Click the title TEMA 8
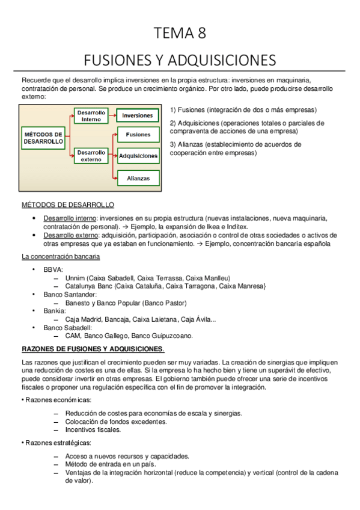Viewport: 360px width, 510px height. [x=180, y=34]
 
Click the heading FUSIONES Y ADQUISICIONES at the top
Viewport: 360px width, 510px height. [x=180, y=60]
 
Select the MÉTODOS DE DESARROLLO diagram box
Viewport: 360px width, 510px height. [x=43, y=137]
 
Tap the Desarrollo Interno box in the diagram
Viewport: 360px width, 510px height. [x=91, y=115]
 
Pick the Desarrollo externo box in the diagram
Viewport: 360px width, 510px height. [x=91, y=156]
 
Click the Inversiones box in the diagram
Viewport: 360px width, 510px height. [x=138, y=115]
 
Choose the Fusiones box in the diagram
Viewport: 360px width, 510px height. [x=138, y=135]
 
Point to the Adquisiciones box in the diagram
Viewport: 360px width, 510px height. [x=138, y=156]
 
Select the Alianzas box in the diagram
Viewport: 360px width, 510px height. [x=138, y=178]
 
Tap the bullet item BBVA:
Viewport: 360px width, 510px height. [x=53, y=270]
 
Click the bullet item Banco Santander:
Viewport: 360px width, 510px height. [x=70, y=295]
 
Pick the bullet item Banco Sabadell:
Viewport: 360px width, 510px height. [x=67, y=328]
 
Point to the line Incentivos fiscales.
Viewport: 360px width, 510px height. [x=93, y=429]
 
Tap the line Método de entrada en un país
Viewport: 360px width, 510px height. [x=111, y=464]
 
